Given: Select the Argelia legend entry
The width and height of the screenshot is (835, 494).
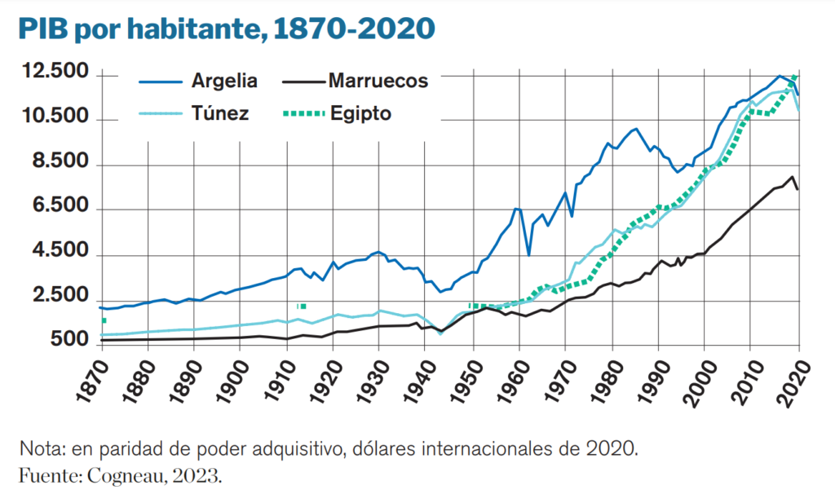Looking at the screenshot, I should [224, 81].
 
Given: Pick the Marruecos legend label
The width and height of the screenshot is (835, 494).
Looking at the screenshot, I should [378, 81].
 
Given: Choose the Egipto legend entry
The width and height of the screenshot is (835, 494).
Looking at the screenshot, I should [360, 113].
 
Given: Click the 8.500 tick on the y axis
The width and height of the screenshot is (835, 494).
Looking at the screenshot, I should [57, 163].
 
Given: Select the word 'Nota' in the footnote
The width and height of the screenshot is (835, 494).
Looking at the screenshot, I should [38, 449].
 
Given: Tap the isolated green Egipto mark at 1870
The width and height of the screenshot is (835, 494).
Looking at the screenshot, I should [104, 321].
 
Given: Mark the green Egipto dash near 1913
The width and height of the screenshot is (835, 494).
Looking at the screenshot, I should [302, 307].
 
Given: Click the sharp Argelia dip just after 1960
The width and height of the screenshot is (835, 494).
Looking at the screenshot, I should [528, 255].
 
